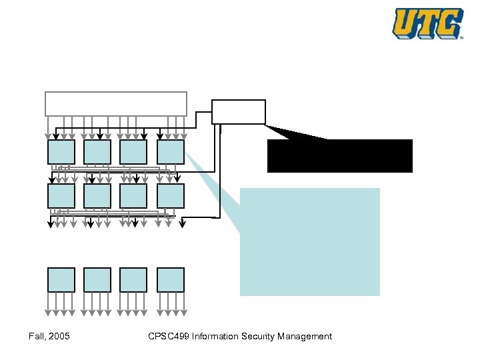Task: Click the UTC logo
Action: click(427, 23)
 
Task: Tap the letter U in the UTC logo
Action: click(406, 23)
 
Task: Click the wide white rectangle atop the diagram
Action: click(115, 103)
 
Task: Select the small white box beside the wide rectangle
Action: click(239, 111)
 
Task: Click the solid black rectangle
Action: click(340, 156)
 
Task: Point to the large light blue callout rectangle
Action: click(310, 241)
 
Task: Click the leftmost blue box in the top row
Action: click(61, 152)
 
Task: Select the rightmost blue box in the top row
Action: click(171, 152)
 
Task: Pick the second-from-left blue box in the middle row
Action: click(97, 195)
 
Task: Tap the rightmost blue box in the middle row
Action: click(171, 195)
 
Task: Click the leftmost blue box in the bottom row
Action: click(61, 280)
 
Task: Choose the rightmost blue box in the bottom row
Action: click(171, 280)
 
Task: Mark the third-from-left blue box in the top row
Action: click(133, 152)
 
